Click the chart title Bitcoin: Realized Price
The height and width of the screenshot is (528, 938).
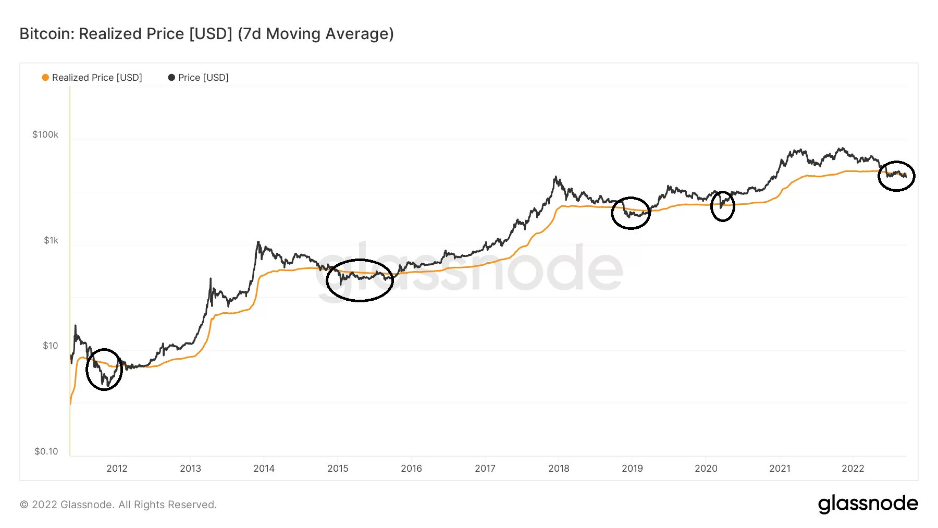(206, 34)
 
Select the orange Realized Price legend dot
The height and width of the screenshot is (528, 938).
(46, 78)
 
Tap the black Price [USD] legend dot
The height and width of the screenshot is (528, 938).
(171, 78)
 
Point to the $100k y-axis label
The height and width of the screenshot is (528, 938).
(45, 134)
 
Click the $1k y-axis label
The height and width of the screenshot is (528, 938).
(51, 240)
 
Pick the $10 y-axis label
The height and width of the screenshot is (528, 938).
(51, 346)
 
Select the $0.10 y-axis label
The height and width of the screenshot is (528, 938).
(46, 451)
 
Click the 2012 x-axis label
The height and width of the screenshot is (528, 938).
(117, 468)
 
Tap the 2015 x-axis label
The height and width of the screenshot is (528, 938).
(338, 468)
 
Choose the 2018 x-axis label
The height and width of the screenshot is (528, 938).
(559, 468)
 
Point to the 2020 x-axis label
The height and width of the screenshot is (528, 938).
(706, 468)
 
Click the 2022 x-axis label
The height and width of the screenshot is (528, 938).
(853, 468)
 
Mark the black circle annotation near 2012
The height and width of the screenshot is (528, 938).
(104, 370)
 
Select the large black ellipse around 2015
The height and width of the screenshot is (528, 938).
(360, 280)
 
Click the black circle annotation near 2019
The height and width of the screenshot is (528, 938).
(631, 213)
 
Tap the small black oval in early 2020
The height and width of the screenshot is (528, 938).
(723, 206)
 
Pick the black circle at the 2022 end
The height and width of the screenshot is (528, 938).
(896, 176)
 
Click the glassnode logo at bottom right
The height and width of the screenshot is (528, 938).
(868, 504)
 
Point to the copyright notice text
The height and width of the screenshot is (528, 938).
(118, 505)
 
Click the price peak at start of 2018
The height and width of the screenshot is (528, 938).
(556, 177)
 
